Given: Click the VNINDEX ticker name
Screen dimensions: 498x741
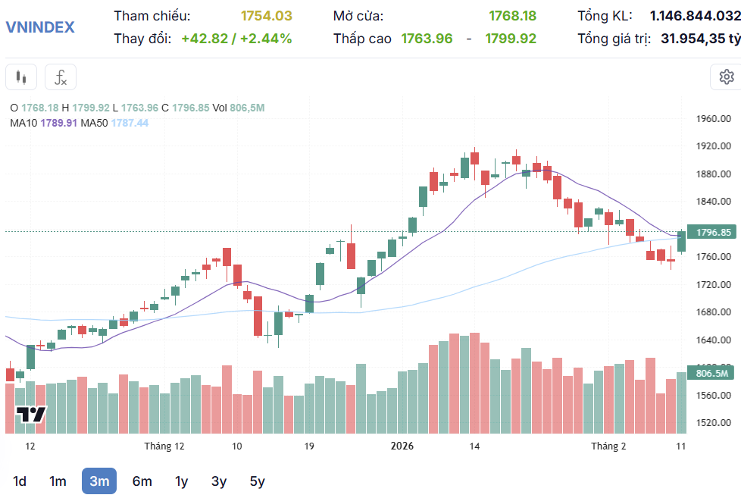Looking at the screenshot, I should (x=40, y=27).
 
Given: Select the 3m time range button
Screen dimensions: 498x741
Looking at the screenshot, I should (x=99, y=481).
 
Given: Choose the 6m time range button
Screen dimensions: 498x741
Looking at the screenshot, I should (x=142, y=481).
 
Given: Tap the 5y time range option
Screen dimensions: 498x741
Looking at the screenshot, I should (x=257, y=481).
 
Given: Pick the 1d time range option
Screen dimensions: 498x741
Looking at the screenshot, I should (x=20, y=481).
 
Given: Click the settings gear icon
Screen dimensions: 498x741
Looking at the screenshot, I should (x=726, y=77).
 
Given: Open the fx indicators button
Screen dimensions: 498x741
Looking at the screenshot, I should (x=61, y=77).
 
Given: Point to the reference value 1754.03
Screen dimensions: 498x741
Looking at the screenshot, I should (x=266, y=16).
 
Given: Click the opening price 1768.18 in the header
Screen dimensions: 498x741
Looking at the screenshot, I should (x=512, y=16).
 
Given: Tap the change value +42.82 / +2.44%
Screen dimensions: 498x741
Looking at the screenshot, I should (x=236, y=38).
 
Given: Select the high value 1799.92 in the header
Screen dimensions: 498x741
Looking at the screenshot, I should (x=511, y=38).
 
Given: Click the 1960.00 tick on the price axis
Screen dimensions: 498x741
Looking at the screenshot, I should (x=713, y=119).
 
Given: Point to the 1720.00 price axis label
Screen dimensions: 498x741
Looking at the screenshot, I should (x=713, y=284).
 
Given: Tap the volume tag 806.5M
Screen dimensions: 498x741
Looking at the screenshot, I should (x=711, y=373).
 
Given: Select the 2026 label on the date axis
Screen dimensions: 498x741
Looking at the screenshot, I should (x=402, y=446).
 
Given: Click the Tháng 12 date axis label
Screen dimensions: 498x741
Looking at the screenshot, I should (x=164, y=446).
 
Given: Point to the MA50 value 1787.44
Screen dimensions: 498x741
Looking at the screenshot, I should (x=130, y=123).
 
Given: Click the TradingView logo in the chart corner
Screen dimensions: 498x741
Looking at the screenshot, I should (x=31, y=415).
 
